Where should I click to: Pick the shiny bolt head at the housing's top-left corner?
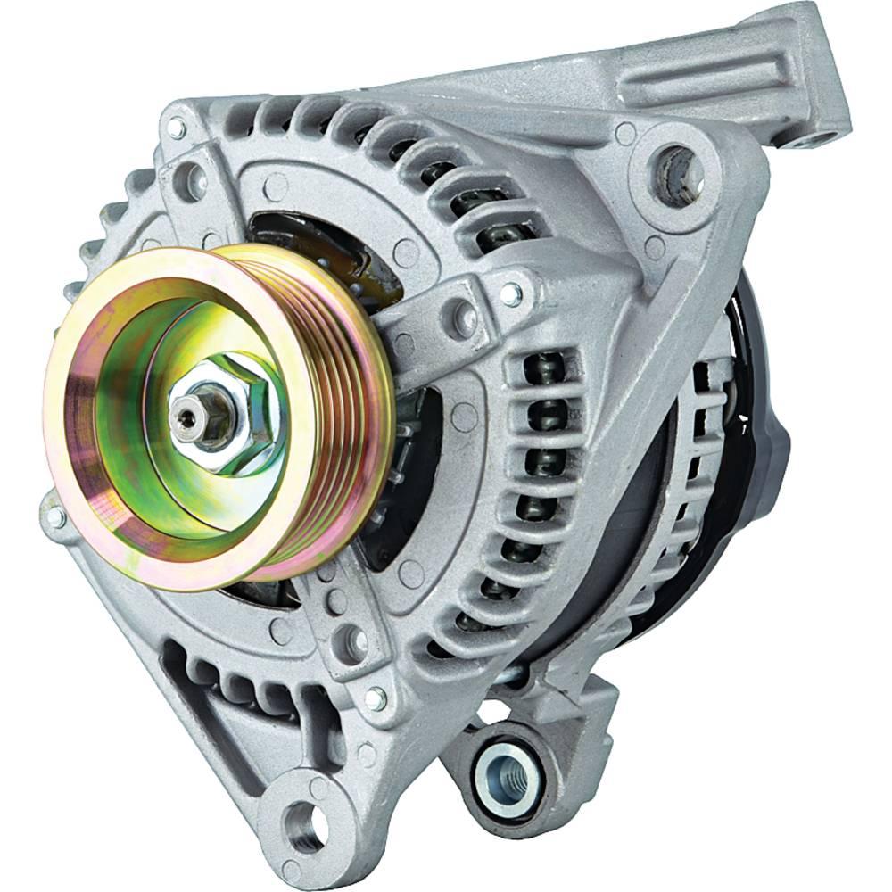[176, 130]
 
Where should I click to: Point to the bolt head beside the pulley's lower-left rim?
[55, 517]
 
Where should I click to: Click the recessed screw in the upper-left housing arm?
[186, 187]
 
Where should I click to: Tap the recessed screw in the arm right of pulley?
[463, 312]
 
